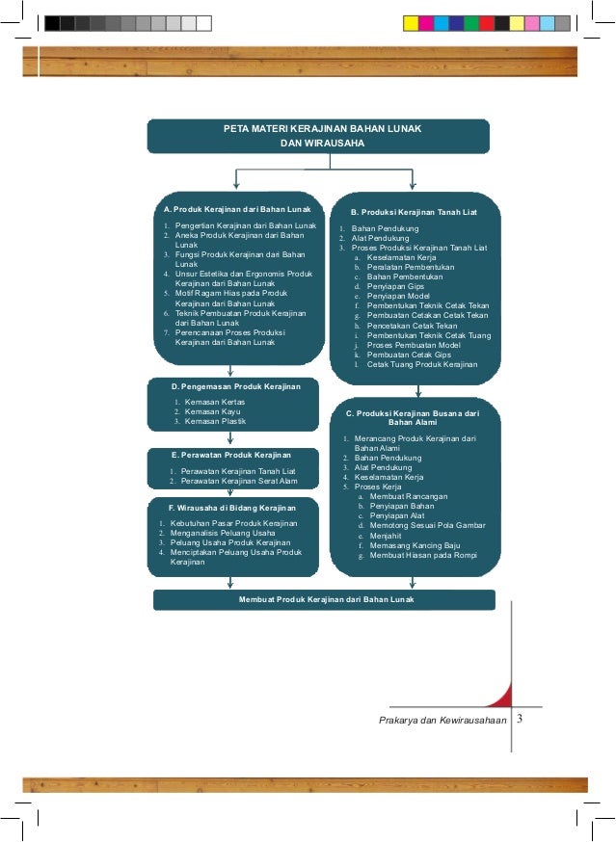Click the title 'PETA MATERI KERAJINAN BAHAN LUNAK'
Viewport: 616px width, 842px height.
pyautogui.click(x=317, y=127)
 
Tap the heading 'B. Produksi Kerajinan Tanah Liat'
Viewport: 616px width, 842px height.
pyautogui.click(x=413, y=211)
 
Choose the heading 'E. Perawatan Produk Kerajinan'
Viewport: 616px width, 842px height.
pyautogui.click(x=230, y=455)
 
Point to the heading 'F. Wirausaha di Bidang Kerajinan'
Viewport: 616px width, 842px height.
pyautogui.click(x=230, y=507)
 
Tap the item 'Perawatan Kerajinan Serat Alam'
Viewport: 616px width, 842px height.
pyautogui.click(x=238, y=481)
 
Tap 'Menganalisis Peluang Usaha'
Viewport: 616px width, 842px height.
pyautogui.click(x=223, y=532)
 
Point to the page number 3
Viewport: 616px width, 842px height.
pyautogui.click(x=520, y=719)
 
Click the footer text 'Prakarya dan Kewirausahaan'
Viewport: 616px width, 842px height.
pyautogui.click(x=443, y=720)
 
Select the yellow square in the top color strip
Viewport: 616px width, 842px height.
pyautogui.click(x=410, y=22)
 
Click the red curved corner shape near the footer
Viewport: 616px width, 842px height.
pyautogui.click(x=500, y=696)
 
